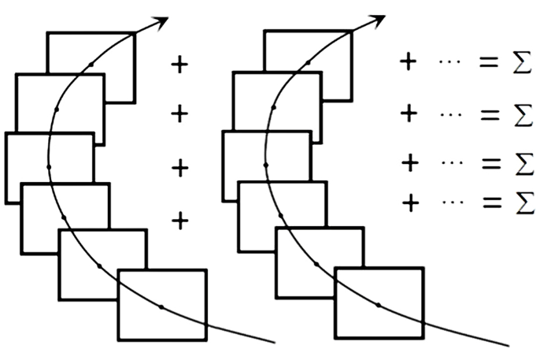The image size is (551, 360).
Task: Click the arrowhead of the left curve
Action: point(161,22)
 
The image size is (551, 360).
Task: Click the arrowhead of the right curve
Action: point(379,20)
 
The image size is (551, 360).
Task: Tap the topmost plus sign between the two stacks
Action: point(179,65)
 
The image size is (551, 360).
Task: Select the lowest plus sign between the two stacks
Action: point(180,221)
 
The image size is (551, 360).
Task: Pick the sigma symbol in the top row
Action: point(522,62)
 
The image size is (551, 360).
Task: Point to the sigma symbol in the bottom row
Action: point(525,202)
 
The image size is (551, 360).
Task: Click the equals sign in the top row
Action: point(489,62)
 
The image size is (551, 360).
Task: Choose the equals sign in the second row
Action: point(490,114)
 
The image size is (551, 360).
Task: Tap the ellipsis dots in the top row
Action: point(449,62)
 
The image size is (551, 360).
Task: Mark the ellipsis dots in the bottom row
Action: point(453,202)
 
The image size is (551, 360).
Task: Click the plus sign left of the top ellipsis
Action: point(409,62)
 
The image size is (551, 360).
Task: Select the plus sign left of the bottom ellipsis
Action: point(411,203)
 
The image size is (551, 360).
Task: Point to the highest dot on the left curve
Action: point(91,65)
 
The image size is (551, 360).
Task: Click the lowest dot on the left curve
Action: point(161,307)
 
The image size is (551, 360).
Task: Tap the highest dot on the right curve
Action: point(309,62)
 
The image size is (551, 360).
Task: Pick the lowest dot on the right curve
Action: point(378,305)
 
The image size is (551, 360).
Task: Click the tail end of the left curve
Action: point(275,342)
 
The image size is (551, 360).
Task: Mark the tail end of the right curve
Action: point(508,346)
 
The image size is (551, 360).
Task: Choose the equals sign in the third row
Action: point(491,164)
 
